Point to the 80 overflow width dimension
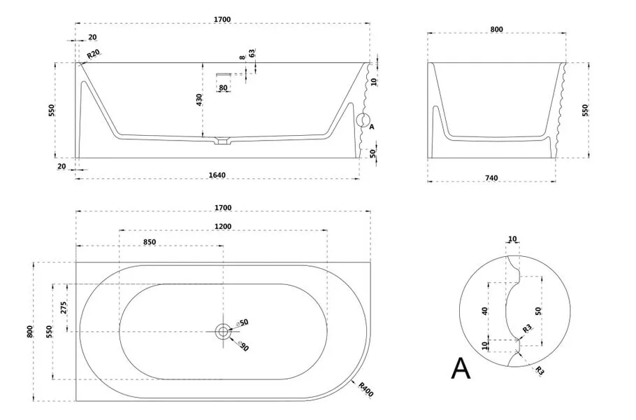click(x=223, y=88)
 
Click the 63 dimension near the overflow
click(x=252, y=52)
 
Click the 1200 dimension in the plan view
click(x=223, y=226)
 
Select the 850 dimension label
click(x=149, y=241)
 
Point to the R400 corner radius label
click(x=366, y=388)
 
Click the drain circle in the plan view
click(x=223, y=331)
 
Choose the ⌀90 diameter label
click(x=243, y=345)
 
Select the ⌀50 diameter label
click(x=243, y=323)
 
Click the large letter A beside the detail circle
click(x=461, y=367)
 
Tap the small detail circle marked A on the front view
click(x=363, y=120)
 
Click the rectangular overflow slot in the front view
click(x=223, y=73)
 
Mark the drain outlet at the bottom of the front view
click(x=223, y=141)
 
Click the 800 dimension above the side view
click(x=497, y=29)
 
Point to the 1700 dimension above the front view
click(x=223, y=20)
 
